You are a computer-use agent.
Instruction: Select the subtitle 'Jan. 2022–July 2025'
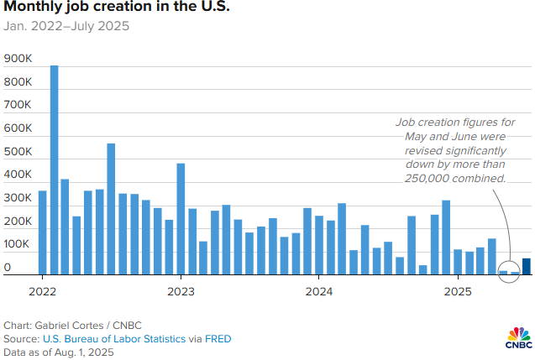click(66, 26)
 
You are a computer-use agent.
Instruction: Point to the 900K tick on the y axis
click(18, 60)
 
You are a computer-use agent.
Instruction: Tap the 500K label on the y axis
click(18, 153)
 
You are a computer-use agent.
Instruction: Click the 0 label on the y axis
click(8, 269)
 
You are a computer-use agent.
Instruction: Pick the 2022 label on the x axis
click(42, 292)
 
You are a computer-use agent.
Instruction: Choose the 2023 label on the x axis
click(181, 292)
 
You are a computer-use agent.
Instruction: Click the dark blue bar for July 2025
click(527, 266)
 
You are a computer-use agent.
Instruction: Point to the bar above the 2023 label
click(181, 219)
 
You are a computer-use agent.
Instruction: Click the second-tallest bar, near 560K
click(111, 209)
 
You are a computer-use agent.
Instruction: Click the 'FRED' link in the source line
click(218, 338)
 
